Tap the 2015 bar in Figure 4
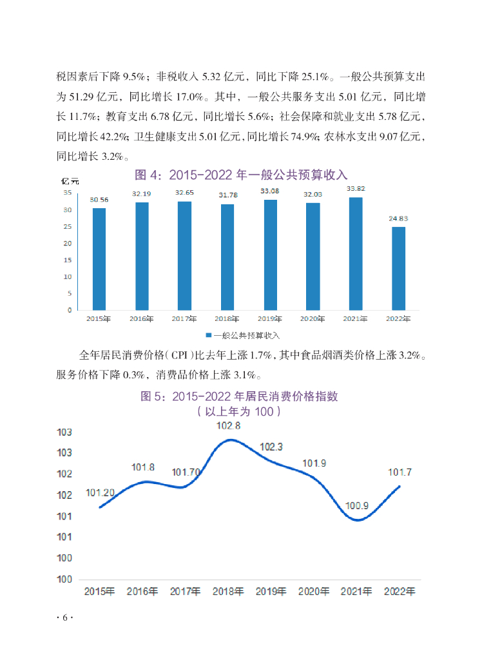click(99, 258)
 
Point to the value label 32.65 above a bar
click(184, 193)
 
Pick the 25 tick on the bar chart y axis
click(67, 227)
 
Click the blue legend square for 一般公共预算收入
click(208, 336)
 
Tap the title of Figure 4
click(240, 175)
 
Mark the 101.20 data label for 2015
click(100, 493)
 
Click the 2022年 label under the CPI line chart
click(399, 591)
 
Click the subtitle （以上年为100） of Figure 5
click(239, 411)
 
